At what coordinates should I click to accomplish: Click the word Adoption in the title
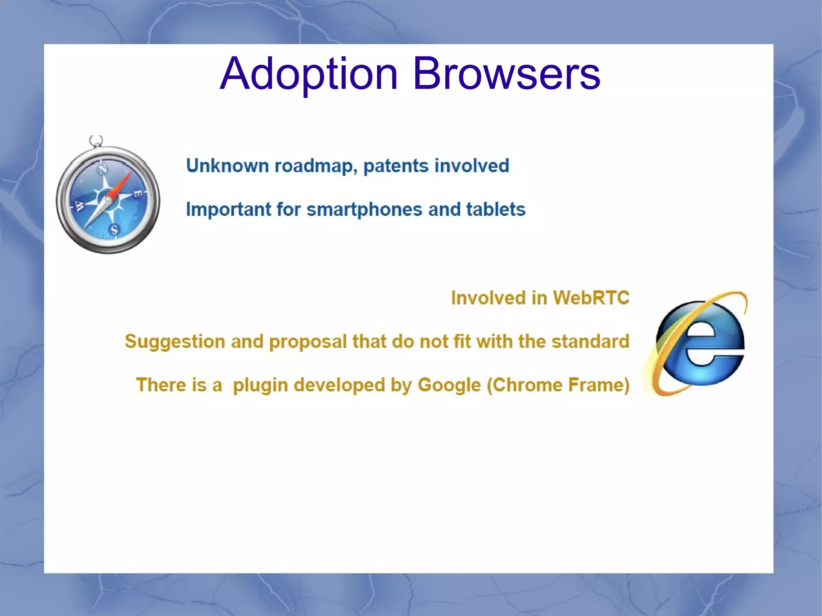point(309,74)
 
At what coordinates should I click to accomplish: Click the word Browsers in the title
point(506,74)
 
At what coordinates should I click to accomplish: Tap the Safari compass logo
point(108,199)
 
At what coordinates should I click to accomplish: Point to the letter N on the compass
point(103,170)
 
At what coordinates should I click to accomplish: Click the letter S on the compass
point(114,230)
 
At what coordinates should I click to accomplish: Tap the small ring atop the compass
point(96,141)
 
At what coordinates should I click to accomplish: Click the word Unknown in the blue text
point(227,166)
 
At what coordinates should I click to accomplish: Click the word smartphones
point(364,209)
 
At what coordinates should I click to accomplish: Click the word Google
point(449,385)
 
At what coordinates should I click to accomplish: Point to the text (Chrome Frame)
point(558,385)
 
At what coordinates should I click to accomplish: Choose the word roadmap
point(316,166)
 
